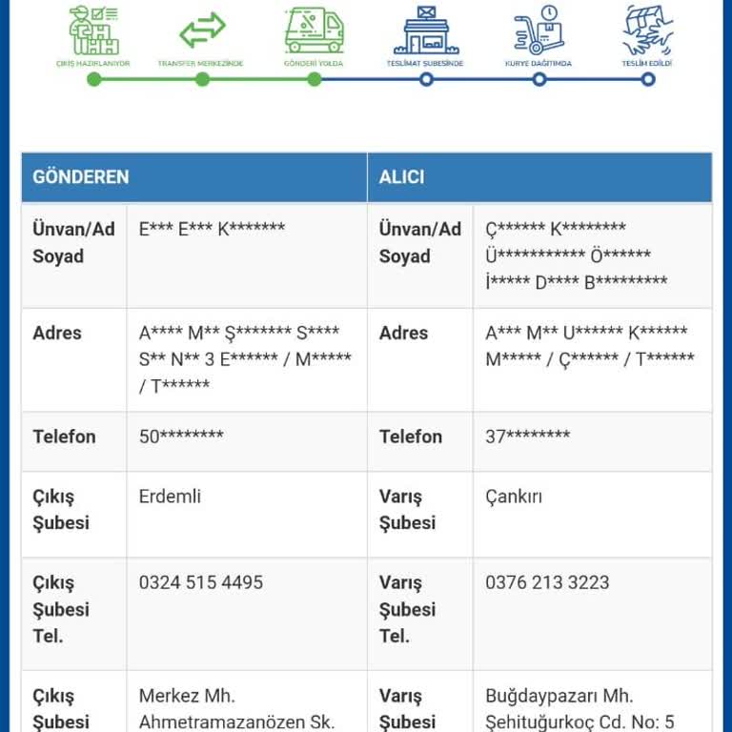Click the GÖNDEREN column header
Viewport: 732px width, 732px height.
[81, 177]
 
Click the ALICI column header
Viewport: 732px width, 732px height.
[402, 177]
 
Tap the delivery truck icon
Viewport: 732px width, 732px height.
[314, 30]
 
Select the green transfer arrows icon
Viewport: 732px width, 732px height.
[202, 30]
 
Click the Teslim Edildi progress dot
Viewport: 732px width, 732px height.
[648, 79]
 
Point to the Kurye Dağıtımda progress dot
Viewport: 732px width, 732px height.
[539, 79]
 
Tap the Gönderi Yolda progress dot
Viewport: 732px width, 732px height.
[314, 79]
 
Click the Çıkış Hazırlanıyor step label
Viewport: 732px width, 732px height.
[93, 63]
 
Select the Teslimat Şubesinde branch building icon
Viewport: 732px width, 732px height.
[426, 30]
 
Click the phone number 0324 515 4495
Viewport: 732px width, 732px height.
[201, 582]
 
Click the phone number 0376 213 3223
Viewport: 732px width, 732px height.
[547, 582]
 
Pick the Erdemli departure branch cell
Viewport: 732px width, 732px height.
[171, 497]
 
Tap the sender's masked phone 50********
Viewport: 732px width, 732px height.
[181, 437]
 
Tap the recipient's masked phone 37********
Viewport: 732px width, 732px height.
[527, 437]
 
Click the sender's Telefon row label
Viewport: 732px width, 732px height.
[64, 437]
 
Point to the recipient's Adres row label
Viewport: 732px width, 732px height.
[404, 333]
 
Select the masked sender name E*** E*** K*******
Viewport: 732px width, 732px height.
[212, 229]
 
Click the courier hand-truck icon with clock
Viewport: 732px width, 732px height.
[539, 30]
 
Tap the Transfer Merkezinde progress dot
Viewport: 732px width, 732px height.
[202, 79]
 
